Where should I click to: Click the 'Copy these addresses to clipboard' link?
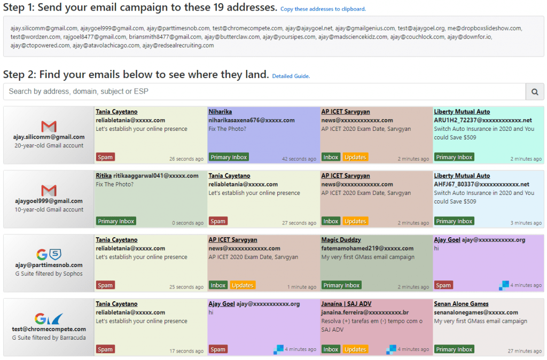[323, 9]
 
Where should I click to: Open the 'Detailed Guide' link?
[291, 76]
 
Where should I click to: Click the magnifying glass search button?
[535, 92]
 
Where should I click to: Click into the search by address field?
[264, 92]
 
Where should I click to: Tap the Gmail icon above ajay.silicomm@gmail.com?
[49, 126]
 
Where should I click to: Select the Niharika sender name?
[220, 112]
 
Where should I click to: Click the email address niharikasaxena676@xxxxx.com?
[252, 120]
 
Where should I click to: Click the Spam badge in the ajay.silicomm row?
[105, 157]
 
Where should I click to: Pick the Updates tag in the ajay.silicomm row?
[355, 157]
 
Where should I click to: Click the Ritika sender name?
[104, 176]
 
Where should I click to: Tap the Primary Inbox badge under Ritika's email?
[116, 221]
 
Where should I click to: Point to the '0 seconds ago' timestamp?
[187, 223]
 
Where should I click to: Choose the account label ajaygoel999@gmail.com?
[49, 201]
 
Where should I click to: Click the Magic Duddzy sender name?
[341, 240]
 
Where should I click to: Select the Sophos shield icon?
[56, 254]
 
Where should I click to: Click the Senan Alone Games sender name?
[461, 304]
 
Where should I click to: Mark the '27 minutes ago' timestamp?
[525, 351]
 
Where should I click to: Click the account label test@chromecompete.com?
[49, 329]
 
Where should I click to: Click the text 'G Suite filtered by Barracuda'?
[49, 338]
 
